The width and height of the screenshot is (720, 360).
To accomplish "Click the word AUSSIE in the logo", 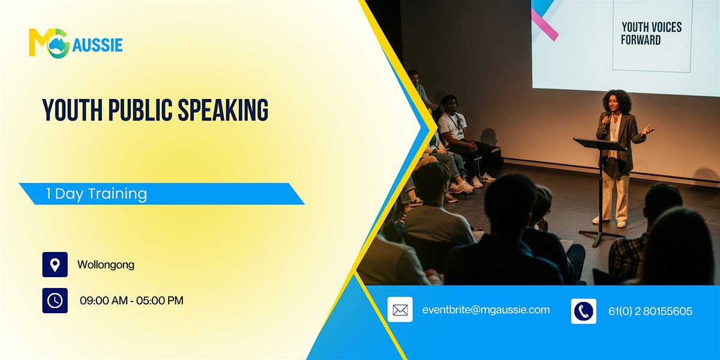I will pyautogui.click(x=97, y=45).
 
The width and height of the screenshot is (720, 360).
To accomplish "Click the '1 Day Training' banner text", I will pyautogui.click(x=97, y=194).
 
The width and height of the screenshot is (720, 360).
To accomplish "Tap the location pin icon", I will pyautogui.click(x=55, y=265).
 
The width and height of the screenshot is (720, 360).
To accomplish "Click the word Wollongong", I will pyautogui.click(x=106, y=265).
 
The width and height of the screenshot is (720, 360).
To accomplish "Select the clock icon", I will pyautogui.click(x=55, y=301).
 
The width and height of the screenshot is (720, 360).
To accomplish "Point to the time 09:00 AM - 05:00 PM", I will pyautogui.click(x=131, y=301).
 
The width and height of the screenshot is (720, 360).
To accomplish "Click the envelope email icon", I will pyautogui.click(x=400, y=310).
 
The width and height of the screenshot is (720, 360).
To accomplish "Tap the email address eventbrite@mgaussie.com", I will pyautogui.click(x=486, y=310).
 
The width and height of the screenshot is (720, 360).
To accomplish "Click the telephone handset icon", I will pyautogui.click(x=583, y=311).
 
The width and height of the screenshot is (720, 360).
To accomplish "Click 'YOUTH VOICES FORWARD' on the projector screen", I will pyautogui.click(x=651, y=34).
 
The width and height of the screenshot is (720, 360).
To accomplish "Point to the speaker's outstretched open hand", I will pyautogui.click(x=647, y=129).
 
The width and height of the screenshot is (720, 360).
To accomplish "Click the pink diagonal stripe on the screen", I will pyautogui.click(x=544, y=24).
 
